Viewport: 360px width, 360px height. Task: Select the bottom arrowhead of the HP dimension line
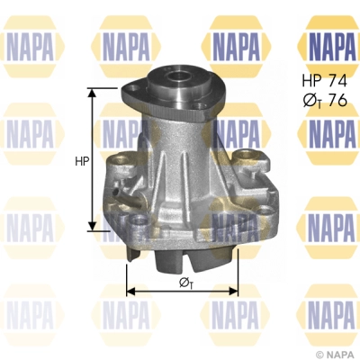[91, 228]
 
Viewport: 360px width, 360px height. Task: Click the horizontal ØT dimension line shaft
[162, 291]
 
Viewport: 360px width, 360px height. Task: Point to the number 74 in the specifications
[337, 80]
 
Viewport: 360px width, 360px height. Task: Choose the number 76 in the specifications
[338, 100]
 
